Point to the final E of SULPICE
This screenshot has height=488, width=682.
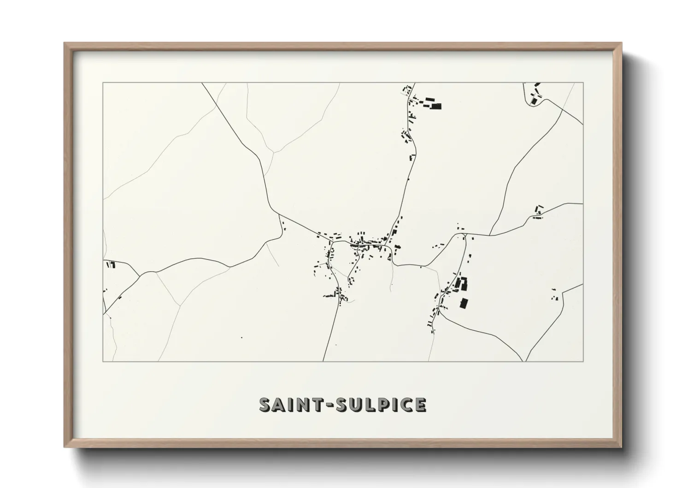(x=420, y=405)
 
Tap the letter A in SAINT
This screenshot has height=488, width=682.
(x=280, y=405)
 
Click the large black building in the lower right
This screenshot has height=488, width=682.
(x=464, y=303)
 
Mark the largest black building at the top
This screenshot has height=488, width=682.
(x=436, y=106)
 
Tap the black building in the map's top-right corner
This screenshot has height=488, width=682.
(x=534, y=100)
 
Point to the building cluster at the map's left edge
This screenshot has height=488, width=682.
(x=111, y=265)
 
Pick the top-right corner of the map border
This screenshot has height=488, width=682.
(x=583, y=83)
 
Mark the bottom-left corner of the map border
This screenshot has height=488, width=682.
(x=103, y=361)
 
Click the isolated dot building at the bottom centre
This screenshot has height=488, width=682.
(x=241, y=338)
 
